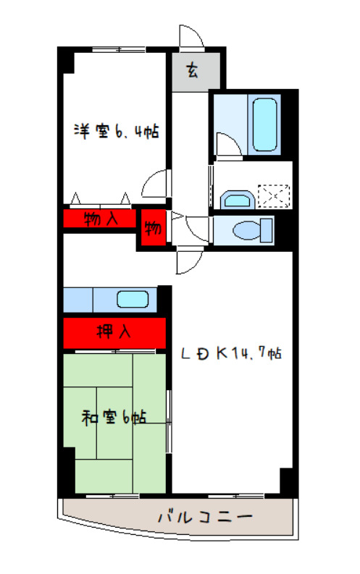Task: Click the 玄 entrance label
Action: click(192, 70)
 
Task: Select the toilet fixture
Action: click(250, 230)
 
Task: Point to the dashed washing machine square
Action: click(274, 195)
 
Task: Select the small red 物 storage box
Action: click(153, 229)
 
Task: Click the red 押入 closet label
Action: click(114, 332)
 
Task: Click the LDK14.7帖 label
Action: click(230, 354)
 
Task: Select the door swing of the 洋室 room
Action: click(156, 184)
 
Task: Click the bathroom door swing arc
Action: click(226, 145)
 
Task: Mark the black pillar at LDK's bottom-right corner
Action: click(288, 481)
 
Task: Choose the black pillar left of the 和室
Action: click(67, 469)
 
